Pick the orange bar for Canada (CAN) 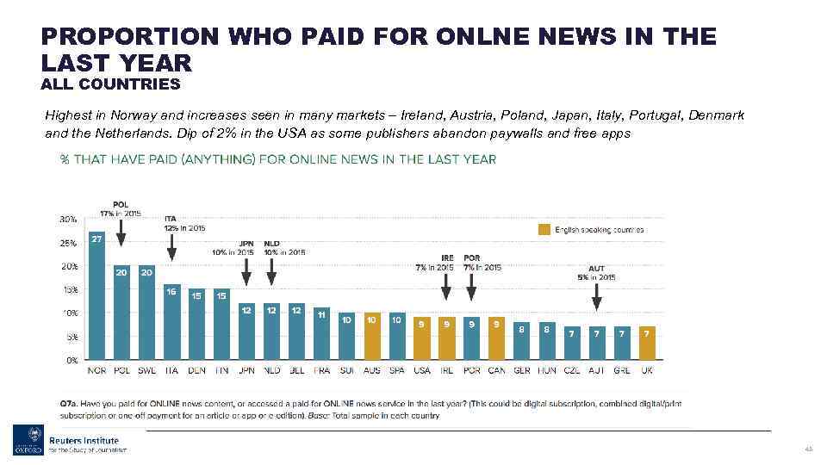(496, 338)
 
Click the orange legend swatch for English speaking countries (544, 230)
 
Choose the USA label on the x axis (421, 371)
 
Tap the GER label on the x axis (521, 371)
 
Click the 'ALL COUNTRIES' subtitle (110, 84)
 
